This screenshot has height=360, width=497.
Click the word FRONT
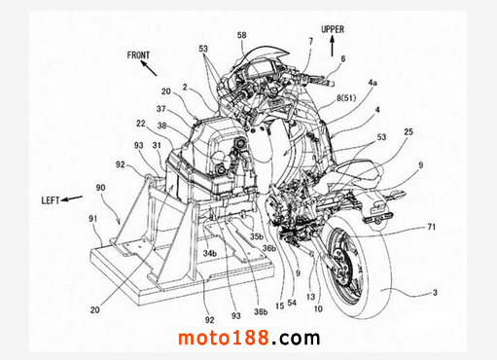[138, 55]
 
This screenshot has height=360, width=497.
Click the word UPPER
[333, 29]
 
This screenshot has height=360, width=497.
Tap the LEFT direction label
[51, 200]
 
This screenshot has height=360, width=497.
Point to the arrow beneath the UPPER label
[332, 46]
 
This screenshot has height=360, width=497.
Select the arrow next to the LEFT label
[72, 198]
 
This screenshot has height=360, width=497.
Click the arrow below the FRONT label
[149, 68]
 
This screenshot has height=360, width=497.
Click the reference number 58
[242, 35]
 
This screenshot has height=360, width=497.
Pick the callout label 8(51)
[346, 98]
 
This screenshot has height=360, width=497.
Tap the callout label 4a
[373, 83]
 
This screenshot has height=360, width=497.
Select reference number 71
[431, 227]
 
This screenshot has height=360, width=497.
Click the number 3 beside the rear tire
[435, 293]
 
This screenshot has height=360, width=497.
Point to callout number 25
[408, 131]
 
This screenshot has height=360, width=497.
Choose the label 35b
[257, 236]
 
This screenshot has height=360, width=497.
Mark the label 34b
[209, 253]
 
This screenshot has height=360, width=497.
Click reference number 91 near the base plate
[93, 219]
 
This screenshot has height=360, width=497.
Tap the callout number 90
[100, 188]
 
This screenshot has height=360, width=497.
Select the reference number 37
[161, 109]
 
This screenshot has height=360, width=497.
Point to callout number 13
[310, 297]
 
